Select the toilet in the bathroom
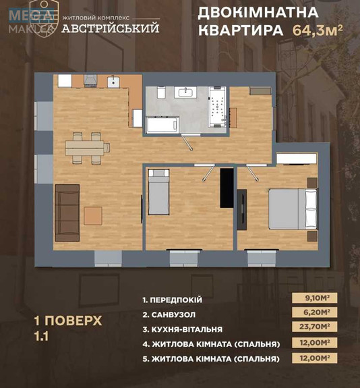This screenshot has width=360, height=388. coord(160,94)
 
